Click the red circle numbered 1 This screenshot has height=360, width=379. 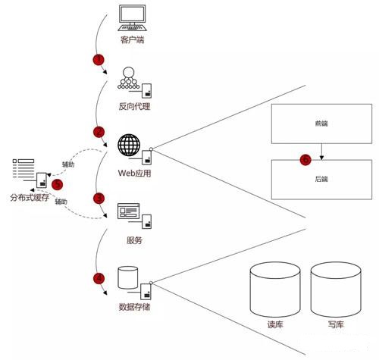point(99,60)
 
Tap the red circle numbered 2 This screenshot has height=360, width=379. point(99,132)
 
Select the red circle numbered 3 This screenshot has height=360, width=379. point(99,199)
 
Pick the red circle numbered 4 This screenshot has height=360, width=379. point(99,278)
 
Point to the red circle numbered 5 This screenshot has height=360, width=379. point(57,184)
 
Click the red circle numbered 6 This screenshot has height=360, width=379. point(305,160)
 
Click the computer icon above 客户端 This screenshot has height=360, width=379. point(132,18)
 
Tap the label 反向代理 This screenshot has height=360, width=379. point(134,106)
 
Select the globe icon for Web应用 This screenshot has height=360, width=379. point(129,145)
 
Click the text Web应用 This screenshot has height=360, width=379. point(134,173)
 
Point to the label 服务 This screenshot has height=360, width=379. point(134,240)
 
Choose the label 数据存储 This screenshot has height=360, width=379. point(134,307)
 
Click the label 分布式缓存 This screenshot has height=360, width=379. point(30,198)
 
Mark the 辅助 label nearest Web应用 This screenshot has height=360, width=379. point(68,164)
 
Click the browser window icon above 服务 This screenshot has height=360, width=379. point(128,211)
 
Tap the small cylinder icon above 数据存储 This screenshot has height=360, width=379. point(128,277)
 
